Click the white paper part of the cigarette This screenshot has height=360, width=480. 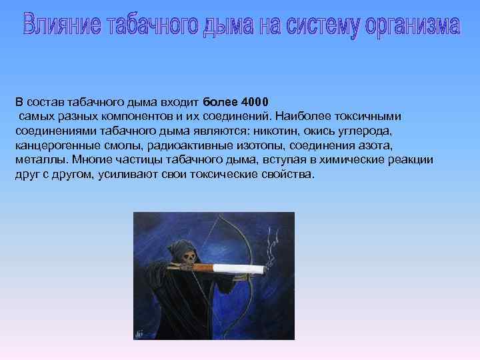point(240,269)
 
